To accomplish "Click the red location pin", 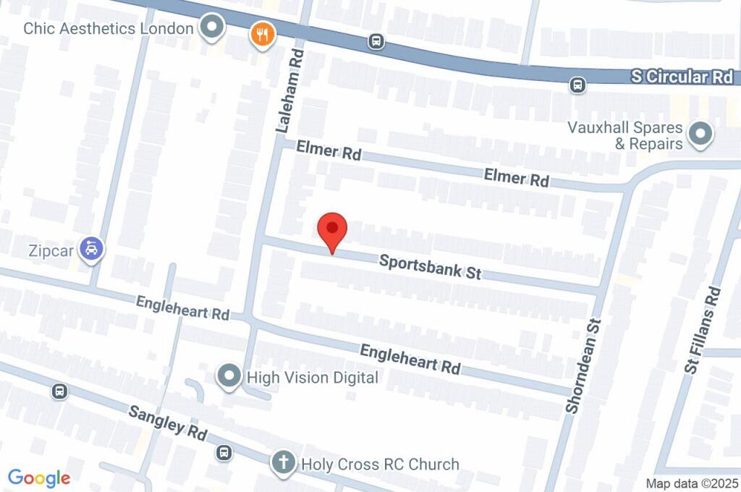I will [x=333, y=231].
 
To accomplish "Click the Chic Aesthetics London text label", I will [x=109, y=29].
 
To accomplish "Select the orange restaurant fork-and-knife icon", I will [x=261, y=33].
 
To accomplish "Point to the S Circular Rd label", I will [x=681, y=77].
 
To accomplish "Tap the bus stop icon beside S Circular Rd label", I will [x=577, y=85].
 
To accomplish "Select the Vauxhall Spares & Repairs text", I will [x=625, y=135].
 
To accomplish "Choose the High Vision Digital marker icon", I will [x=229, y=376].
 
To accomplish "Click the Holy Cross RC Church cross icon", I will [x=283, y=462].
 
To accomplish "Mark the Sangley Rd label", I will [x=168, y=424].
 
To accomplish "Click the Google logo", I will [x=39, y=478].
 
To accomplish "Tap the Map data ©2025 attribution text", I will [x=692, y=483].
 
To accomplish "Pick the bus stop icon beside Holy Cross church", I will [x=224, y=453].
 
